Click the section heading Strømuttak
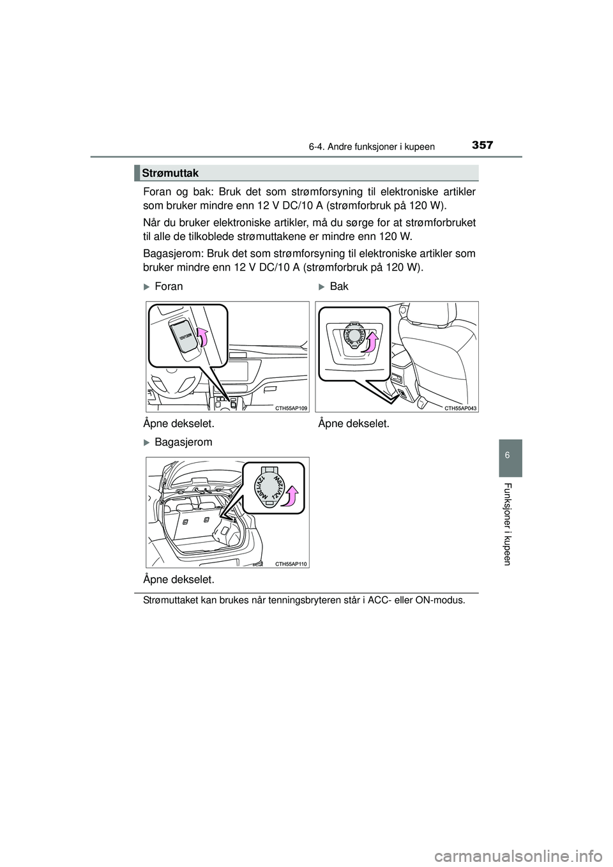(x=170, y=173)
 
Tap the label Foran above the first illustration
(x=169, y=287)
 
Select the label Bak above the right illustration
(x=339, y=287)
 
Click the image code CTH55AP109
(x=291, y=408)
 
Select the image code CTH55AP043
(x=460, y=408)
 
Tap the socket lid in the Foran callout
(x=183, y=334)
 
